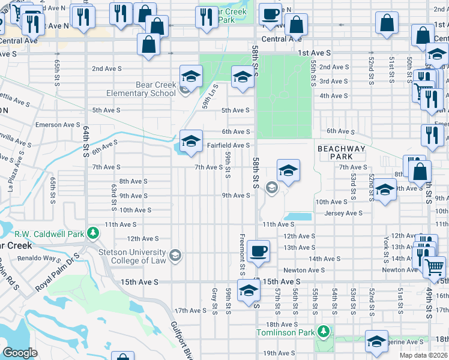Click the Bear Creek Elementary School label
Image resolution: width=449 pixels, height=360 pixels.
tap(141, 89)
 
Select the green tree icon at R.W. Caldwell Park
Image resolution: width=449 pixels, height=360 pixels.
tap(92, 232)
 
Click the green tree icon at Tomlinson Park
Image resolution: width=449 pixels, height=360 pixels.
tap(324, 331)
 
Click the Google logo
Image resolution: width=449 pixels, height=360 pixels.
tap(20, 353)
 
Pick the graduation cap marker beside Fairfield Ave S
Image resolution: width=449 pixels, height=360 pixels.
tap(191, 142)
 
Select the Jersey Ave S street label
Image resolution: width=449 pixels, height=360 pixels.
tap(343, 213)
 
